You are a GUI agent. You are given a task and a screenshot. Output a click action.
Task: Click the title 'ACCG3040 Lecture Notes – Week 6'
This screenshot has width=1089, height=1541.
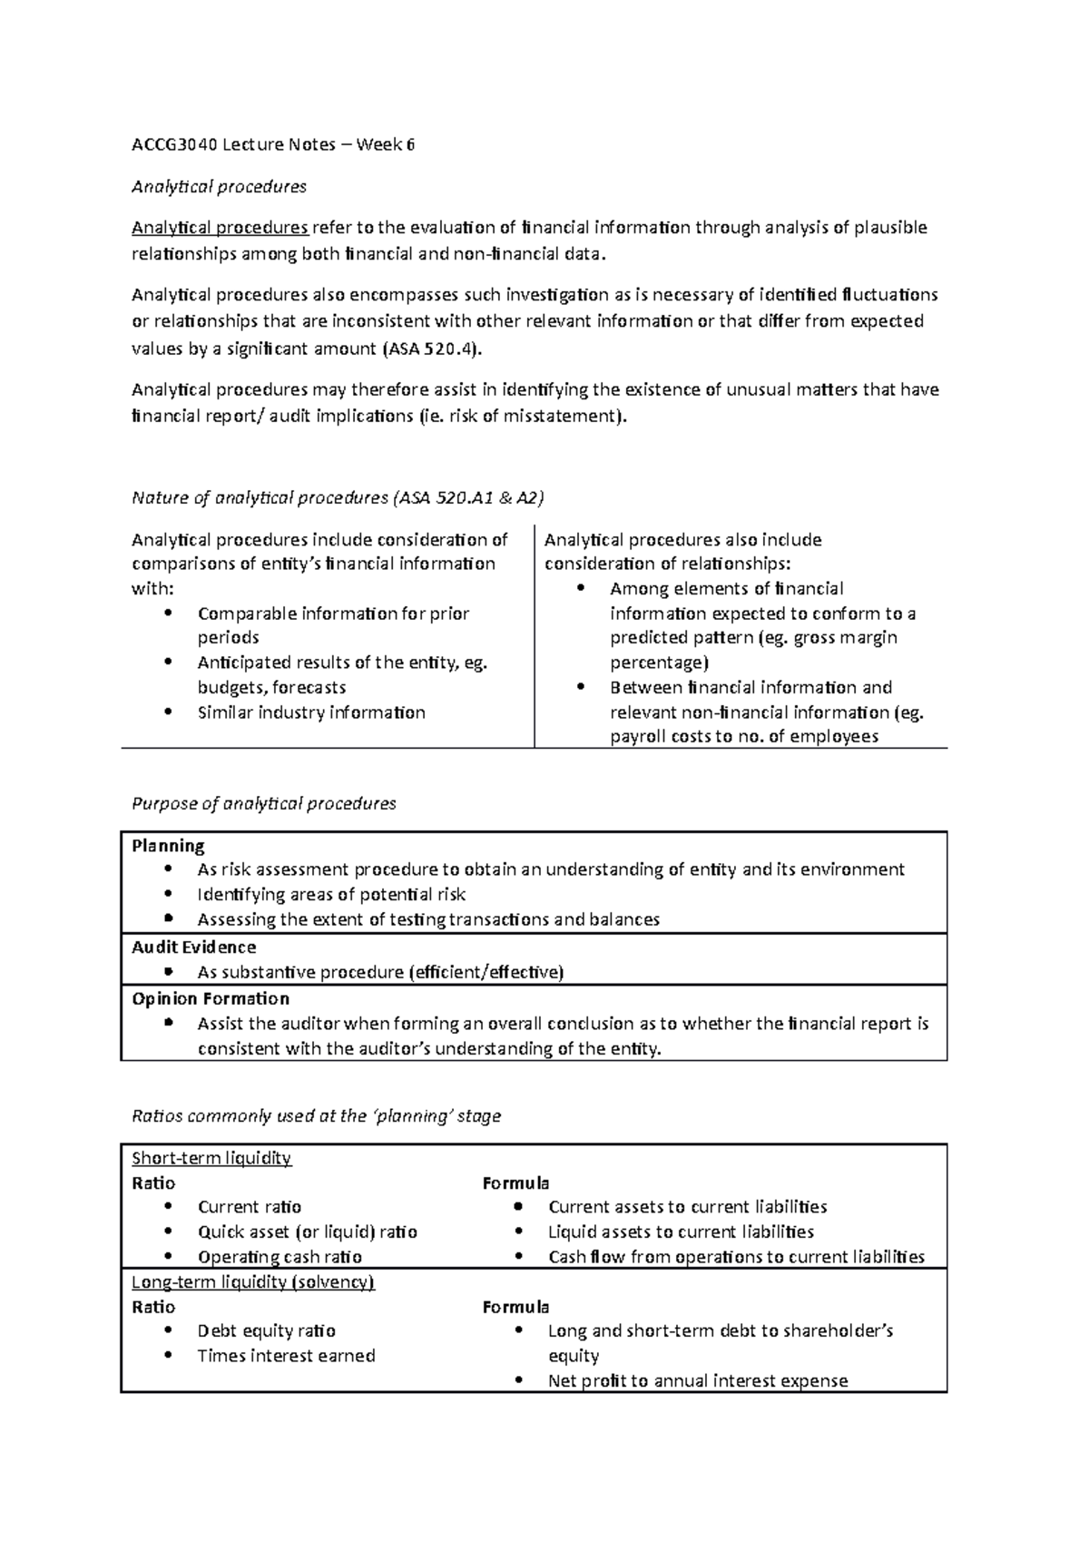coord(273,144)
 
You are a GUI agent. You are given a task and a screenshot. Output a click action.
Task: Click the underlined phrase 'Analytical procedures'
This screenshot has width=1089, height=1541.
coord(221,227)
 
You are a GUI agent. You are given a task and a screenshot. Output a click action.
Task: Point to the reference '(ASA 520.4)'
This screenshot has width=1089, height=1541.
coord(428,348)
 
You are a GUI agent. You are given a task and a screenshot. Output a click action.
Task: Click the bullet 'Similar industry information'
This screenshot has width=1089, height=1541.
coord(311,712)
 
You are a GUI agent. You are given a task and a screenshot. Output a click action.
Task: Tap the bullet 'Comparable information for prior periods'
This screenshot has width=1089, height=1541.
coord(333,613)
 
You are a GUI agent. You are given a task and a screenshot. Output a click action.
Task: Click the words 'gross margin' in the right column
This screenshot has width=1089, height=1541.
coord(845,638)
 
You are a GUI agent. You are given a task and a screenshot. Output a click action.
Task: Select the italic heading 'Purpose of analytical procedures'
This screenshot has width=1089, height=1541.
coord(264,803)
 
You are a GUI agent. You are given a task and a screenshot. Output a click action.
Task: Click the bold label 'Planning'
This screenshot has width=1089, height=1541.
coord(168,846)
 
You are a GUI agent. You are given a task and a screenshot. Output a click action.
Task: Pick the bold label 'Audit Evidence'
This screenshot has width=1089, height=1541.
coord(193,947)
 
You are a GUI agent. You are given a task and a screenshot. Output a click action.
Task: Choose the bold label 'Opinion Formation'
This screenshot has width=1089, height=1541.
coord(211,999)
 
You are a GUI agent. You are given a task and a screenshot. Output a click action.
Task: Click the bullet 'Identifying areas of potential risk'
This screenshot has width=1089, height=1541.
coord(331,895)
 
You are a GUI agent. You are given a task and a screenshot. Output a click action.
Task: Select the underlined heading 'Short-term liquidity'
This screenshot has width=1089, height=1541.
coord(211,1158)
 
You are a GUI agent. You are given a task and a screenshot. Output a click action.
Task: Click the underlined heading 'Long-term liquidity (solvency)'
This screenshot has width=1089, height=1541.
coord(253,1282)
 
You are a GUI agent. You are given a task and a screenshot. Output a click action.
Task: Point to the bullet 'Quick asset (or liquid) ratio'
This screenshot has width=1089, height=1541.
coord(308,1232)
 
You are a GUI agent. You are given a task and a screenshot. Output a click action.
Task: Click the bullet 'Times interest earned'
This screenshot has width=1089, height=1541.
coord(286,1356)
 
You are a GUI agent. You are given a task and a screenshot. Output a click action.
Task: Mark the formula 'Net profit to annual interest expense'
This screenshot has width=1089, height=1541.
coord(698,1381)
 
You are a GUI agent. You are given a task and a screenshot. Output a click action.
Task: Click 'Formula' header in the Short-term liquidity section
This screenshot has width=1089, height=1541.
coord(515,1183)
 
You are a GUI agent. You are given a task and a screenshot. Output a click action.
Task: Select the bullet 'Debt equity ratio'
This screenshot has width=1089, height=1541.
coord(267,1331)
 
